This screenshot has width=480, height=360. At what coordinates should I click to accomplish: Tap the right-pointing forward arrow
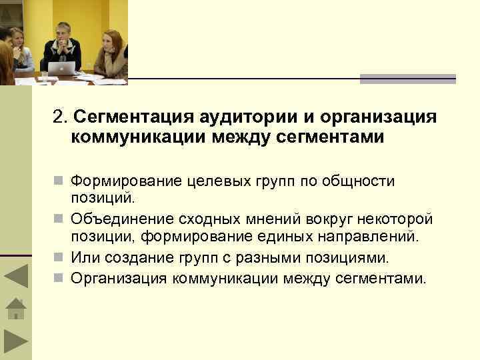click(15, 341)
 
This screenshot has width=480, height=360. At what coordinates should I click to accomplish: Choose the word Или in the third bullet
click(85, 257)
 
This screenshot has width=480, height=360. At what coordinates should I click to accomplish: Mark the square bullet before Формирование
click(61, 181)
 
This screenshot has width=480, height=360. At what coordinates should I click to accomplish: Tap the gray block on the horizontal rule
click(407, 79)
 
